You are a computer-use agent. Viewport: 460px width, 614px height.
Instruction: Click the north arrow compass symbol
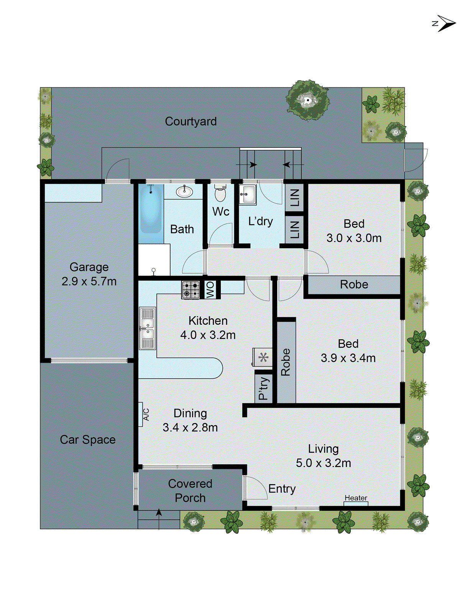tap(445, 24)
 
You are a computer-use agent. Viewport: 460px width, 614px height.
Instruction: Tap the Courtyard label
tap(191, 121)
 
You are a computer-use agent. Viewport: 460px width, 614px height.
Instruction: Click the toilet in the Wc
tap(220, 193)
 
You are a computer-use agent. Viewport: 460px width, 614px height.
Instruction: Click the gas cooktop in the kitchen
tap(191, 290)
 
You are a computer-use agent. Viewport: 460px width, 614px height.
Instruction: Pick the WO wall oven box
tap(210, 290)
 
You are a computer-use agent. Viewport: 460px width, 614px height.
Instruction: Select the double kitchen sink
tap(147, 328)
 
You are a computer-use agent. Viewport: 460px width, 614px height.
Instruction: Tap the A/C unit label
tap(146, 414)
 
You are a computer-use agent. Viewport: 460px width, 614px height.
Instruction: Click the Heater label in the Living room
tap(356, 498)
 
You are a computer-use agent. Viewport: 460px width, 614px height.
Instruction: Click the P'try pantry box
tap(263, 388)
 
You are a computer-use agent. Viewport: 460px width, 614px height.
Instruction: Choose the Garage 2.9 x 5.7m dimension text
tap(89, 281)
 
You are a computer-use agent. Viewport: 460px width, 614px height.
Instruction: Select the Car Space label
tap(87, 440)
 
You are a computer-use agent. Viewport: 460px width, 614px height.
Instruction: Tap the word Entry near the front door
tap(282, 489)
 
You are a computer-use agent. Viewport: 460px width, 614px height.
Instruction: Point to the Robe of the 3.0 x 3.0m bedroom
tap(353, 285)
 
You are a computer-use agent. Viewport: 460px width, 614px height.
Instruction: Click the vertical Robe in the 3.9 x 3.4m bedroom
tap(286, 362)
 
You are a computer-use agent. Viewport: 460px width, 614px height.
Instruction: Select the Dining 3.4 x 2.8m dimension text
tap(190, 427)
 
